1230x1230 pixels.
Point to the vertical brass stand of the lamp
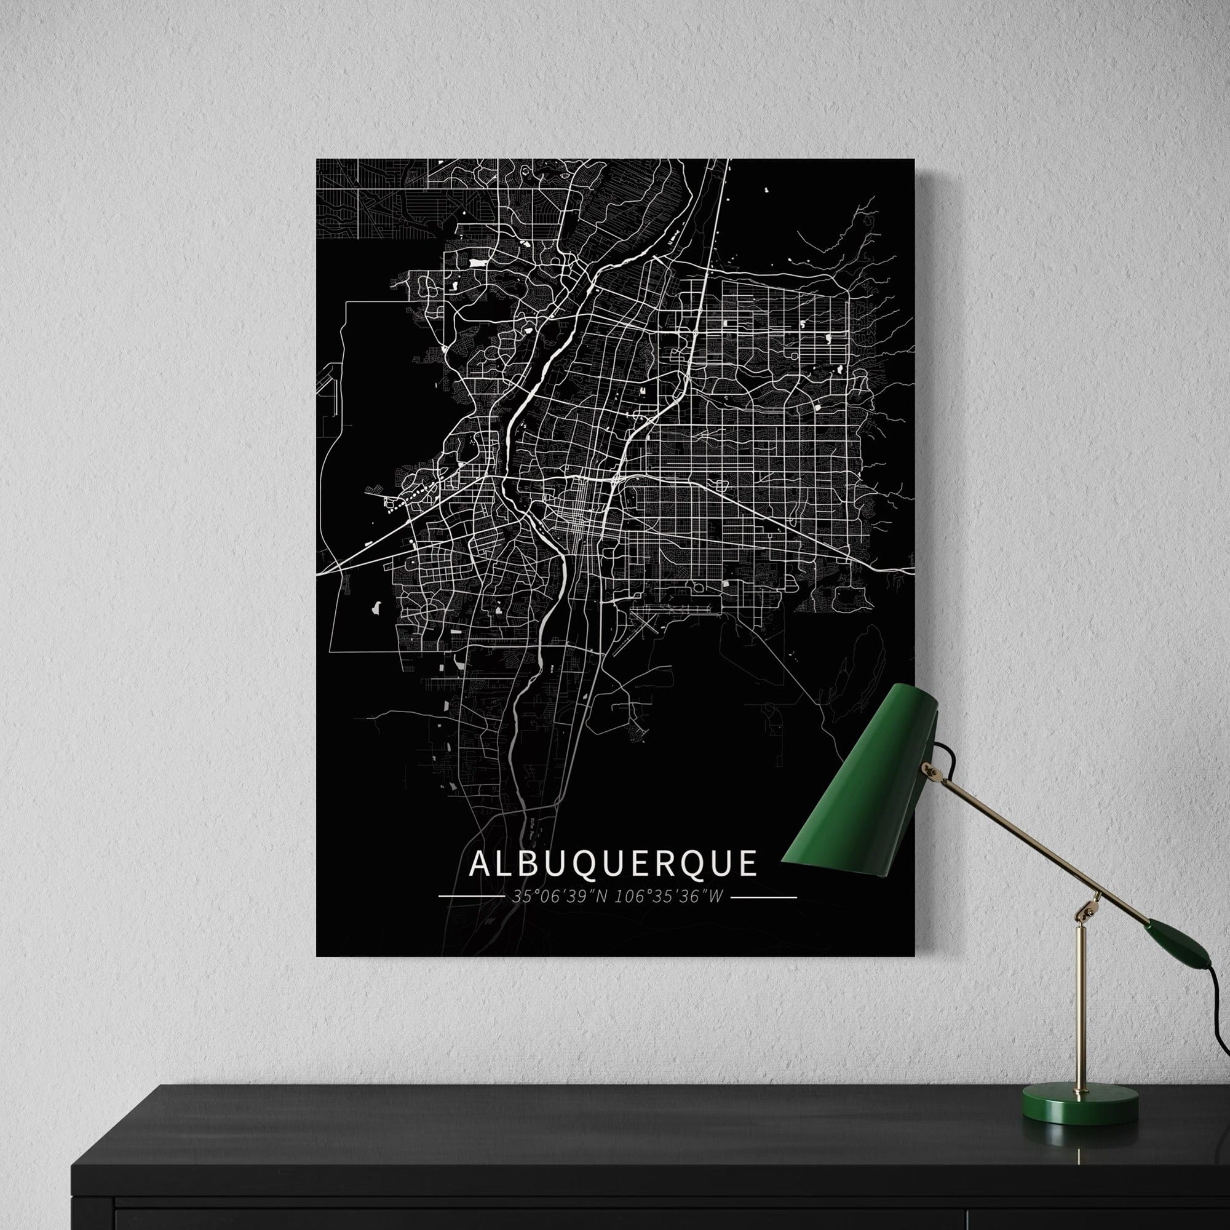[x=1081, y=1006]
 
